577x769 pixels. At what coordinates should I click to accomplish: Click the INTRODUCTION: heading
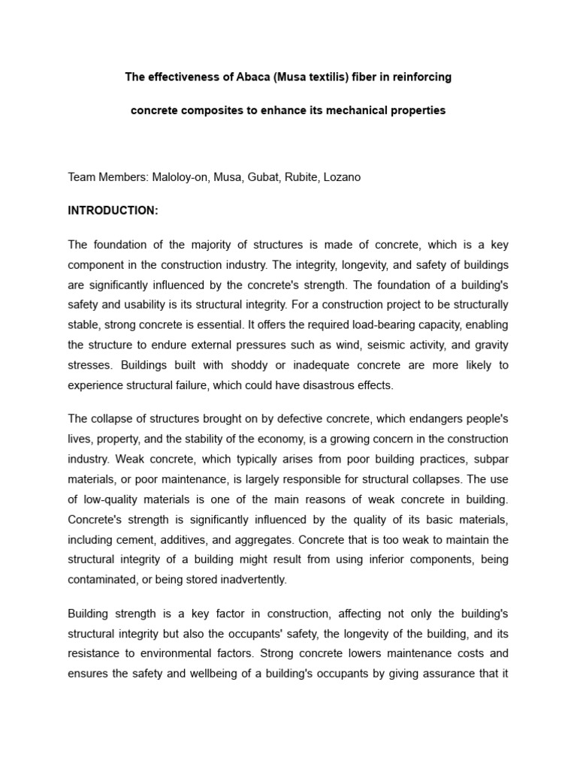[113, 211]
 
